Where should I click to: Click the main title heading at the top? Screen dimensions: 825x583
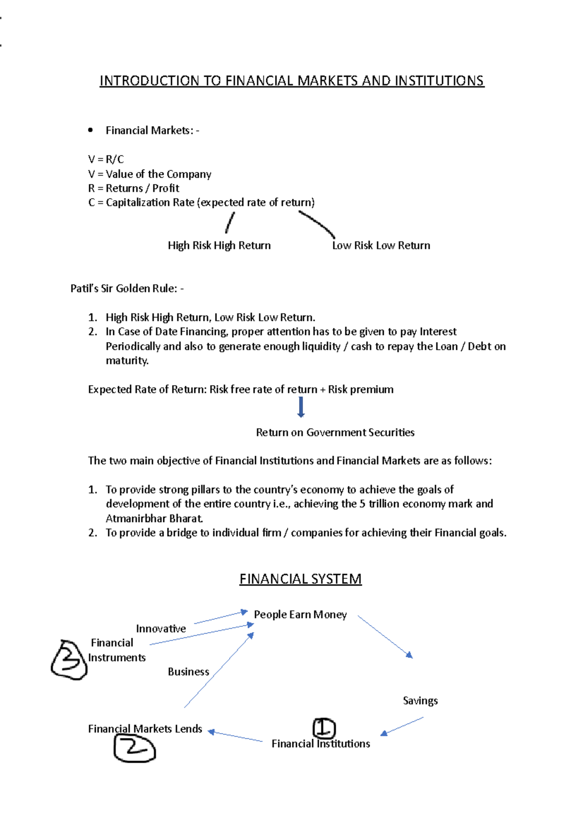[x=291, y=81]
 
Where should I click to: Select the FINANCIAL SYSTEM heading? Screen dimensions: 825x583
[x=300, y=579]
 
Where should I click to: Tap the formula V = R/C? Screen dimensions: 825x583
[x=106, y=159]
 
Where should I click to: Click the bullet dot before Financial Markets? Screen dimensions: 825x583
[x=90, y=130]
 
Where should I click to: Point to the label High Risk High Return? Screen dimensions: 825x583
[x=219, y=245]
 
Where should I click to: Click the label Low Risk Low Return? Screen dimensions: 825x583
[x=381, y=245]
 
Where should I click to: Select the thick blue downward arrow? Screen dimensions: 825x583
[x=301, y=407]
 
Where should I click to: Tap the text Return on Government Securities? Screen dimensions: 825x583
[x=335, y=432]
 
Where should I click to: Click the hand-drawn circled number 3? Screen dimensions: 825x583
[x=69, y=659]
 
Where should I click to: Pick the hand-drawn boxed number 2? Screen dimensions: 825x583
[x=134, y=748]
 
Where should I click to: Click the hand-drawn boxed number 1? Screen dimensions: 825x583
[x=324, y=728]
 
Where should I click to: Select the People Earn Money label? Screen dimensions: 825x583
[x=300, y=615]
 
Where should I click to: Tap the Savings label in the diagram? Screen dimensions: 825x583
[x=420, y=701]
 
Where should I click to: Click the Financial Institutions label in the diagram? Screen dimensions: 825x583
[x=321, y=744]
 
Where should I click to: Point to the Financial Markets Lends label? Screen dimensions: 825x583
[x=145, y=729]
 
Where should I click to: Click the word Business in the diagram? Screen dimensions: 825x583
[x=189, y=672]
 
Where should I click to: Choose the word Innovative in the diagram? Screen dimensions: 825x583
[x=161, y=629]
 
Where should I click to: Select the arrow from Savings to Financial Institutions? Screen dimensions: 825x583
[x=402, y=726]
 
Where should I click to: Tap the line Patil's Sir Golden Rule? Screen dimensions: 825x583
[x=127, y=289]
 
